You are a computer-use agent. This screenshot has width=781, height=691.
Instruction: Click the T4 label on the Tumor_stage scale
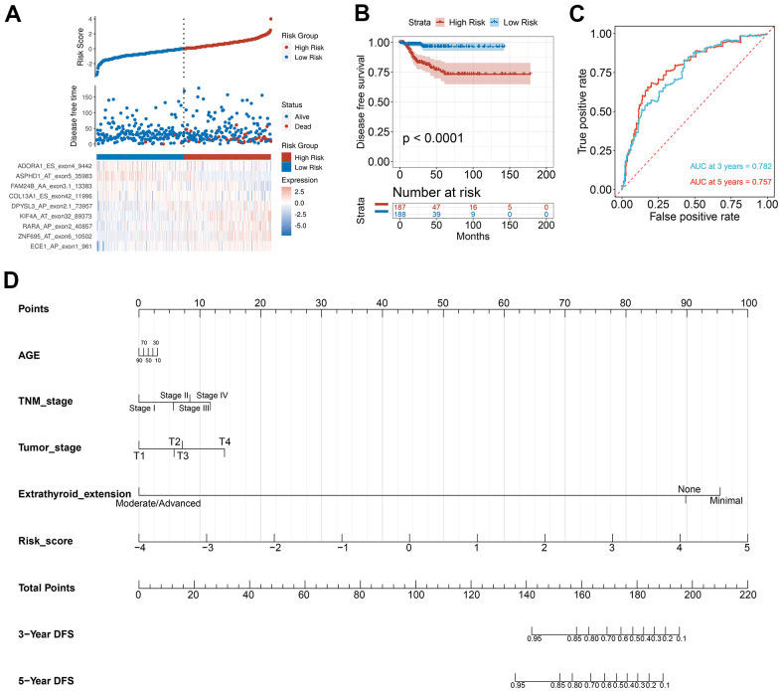pos(225,441)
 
